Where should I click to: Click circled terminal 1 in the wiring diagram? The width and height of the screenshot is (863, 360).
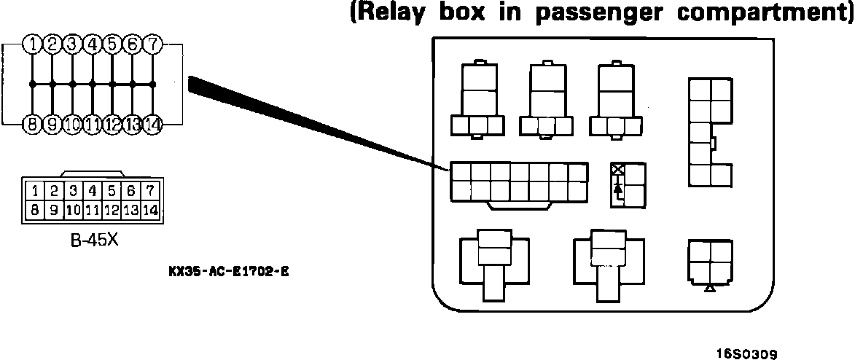[32, 44]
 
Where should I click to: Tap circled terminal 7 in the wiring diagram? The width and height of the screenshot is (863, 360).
[152, 44]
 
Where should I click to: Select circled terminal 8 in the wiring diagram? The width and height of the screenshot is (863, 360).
[32, 124]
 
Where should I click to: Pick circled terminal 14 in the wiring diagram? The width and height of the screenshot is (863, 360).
[152, 124]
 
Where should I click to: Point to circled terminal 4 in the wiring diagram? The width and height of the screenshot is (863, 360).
[92, 44]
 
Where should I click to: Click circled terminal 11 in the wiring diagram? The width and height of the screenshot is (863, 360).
[92, 124]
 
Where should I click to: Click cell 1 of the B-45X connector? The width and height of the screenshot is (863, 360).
[34, 192]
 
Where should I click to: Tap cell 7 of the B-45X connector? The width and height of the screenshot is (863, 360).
[149, 192]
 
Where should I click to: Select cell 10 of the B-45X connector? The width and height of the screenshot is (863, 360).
[73, 210]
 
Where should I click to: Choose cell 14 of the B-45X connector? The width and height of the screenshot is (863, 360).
[149, 210]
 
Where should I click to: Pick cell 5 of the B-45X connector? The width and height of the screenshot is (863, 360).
[111, 192]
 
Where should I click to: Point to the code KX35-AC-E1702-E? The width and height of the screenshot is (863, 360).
[228, 270]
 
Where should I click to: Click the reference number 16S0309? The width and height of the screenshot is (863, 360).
[746, 353]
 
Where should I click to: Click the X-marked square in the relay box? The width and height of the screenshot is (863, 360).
[618, 170]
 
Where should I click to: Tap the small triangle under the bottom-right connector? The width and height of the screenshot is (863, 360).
[711, 289]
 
